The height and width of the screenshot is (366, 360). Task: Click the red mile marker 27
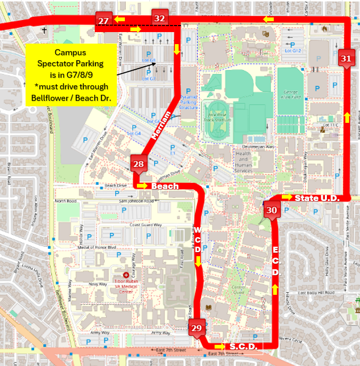pos(104,21)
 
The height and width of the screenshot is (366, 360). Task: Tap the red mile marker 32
pos(159,18)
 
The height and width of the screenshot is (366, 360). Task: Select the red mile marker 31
pos(346,58)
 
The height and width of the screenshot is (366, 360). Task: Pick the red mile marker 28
pos(139,164)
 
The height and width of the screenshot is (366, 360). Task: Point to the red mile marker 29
pos(197,327)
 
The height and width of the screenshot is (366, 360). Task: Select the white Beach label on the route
pos(165,187)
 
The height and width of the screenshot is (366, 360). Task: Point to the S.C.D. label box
pos(243,346)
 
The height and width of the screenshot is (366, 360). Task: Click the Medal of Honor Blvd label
pos(97,248)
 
